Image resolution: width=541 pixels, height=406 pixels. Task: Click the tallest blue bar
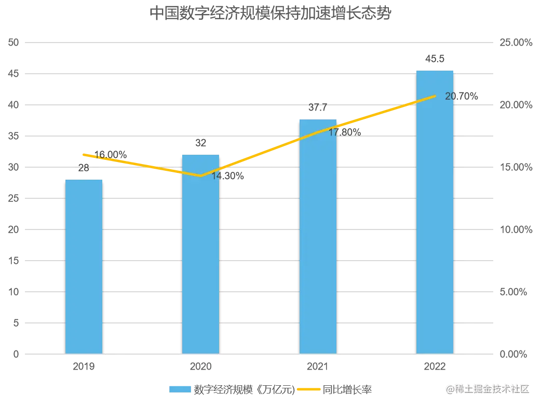tap(435, 213)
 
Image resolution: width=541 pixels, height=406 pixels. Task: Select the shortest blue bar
tap(84, 267)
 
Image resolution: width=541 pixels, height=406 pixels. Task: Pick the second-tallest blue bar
tap(318, 236)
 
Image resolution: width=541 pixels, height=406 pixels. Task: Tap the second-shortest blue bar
tap(200, 254)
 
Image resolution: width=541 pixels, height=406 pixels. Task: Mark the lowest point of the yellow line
tap(200, 176)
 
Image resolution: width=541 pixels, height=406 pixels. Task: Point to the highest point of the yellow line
tap(435, 96)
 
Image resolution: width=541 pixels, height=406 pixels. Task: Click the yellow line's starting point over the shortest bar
tap(84, 154)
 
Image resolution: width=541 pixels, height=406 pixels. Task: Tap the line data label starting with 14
tap(228, 177)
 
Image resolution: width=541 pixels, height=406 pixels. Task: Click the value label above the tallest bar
tap(434, 58)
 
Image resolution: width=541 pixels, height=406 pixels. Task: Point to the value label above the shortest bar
tap(83, 168)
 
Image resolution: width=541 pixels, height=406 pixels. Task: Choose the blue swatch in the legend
tap(180, 388)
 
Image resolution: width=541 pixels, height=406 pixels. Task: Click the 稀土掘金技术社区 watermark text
tap(487, 388)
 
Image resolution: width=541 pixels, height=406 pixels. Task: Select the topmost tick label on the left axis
tap(12, 44)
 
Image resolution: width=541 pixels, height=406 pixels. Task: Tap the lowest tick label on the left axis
tap(16, 355)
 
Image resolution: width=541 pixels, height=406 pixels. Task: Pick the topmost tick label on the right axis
tap(516, 44)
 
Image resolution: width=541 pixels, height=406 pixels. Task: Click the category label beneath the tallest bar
tap(435, 368)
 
